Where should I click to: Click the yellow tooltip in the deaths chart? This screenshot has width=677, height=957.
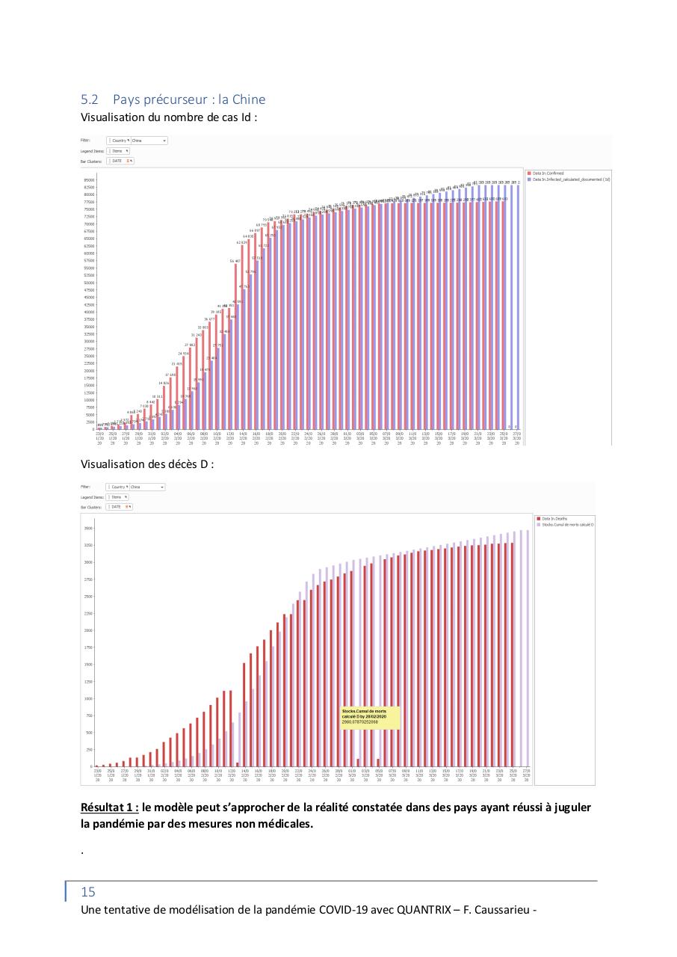369,717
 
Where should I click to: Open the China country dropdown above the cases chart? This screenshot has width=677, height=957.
148,140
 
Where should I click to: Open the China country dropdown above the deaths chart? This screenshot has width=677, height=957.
146,487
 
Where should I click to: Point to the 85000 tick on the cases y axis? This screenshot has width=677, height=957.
89,180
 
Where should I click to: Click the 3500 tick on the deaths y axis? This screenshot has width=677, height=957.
88,528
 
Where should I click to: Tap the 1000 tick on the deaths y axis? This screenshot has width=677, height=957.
88,698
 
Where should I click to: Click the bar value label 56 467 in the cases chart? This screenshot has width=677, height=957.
235,261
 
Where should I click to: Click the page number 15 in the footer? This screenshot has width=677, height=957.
88,892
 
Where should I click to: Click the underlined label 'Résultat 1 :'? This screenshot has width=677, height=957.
110,808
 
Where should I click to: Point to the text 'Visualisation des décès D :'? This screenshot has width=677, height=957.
147,464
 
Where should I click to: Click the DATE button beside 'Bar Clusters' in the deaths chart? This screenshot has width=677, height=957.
120,507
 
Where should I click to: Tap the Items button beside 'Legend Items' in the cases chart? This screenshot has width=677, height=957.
118,150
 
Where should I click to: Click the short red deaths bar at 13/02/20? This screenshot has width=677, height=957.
238,763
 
